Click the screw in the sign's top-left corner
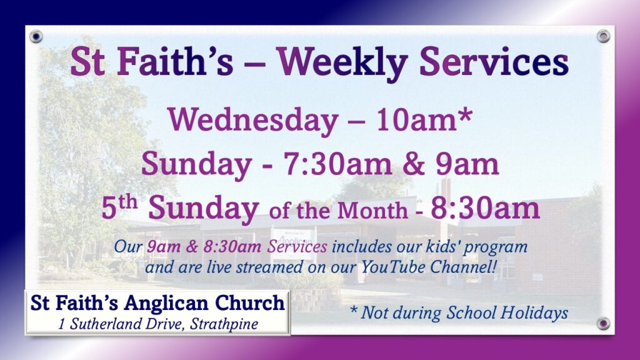[x=36, y=37]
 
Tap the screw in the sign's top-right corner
[x=603, y=36]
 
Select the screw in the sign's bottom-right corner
[x=603, y=324]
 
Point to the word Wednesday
[x=253, y=121]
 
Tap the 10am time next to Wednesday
[x=416, y=120]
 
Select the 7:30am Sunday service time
[x=337, y=164]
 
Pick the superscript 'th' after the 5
[x=127, y=202]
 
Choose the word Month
[x=372, y=211]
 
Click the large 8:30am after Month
[x=485, y=208]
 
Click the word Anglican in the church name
[x=166, y=304]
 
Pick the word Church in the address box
[x=250, y=303]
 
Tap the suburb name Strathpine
[x=224, y=324]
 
